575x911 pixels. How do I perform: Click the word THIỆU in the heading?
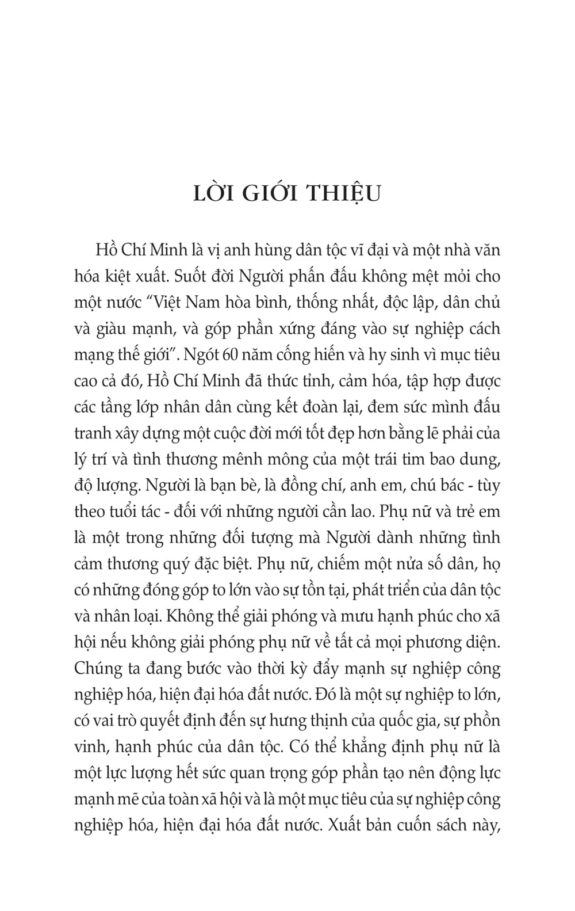click(343, 194)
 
